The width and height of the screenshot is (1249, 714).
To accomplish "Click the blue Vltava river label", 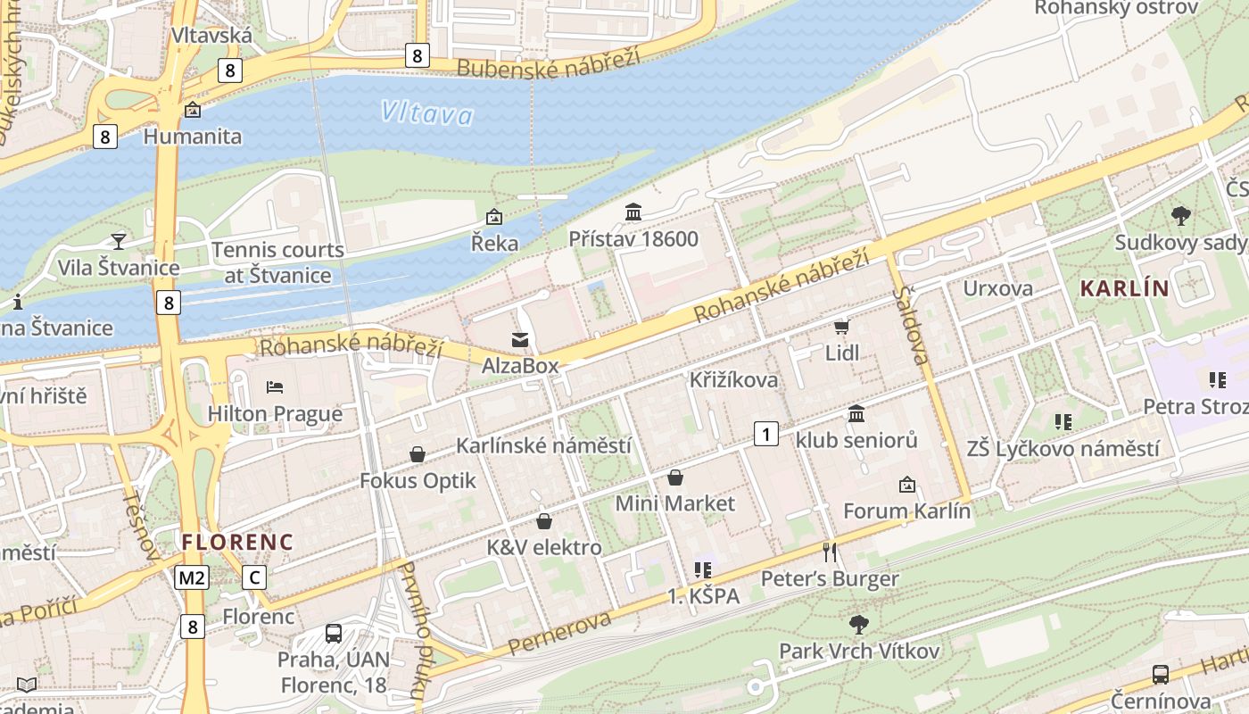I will coord(426,112).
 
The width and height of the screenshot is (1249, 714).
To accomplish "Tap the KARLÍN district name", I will coord(1124,288).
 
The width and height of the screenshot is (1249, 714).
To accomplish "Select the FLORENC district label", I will coord(237,542).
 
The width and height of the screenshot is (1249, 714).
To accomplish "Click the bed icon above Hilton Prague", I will coord(275,387).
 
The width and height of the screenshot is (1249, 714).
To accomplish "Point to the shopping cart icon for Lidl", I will coord(841,327).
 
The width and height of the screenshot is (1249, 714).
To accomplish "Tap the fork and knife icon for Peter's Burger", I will coord(830,552).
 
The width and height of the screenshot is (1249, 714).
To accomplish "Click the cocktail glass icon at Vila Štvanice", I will coord(118,241).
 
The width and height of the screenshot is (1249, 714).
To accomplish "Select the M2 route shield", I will coord(192,577).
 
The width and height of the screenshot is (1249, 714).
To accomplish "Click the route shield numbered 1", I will coord(765,435).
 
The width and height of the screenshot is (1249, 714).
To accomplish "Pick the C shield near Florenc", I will coord(254,577).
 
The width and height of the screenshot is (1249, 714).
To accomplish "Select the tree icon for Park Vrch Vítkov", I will coord(859,624).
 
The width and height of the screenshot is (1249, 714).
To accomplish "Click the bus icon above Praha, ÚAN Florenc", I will coord(334,634).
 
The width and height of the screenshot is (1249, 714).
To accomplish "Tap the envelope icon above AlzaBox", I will coord(519,339).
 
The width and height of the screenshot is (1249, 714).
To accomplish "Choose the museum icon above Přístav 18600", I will coord(633,212).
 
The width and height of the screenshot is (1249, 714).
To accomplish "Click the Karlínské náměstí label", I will coord(543,445).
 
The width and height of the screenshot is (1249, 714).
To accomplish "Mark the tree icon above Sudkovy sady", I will coord(1180,215).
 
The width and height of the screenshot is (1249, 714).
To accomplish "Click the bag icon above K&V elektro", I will coord(544,521).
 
